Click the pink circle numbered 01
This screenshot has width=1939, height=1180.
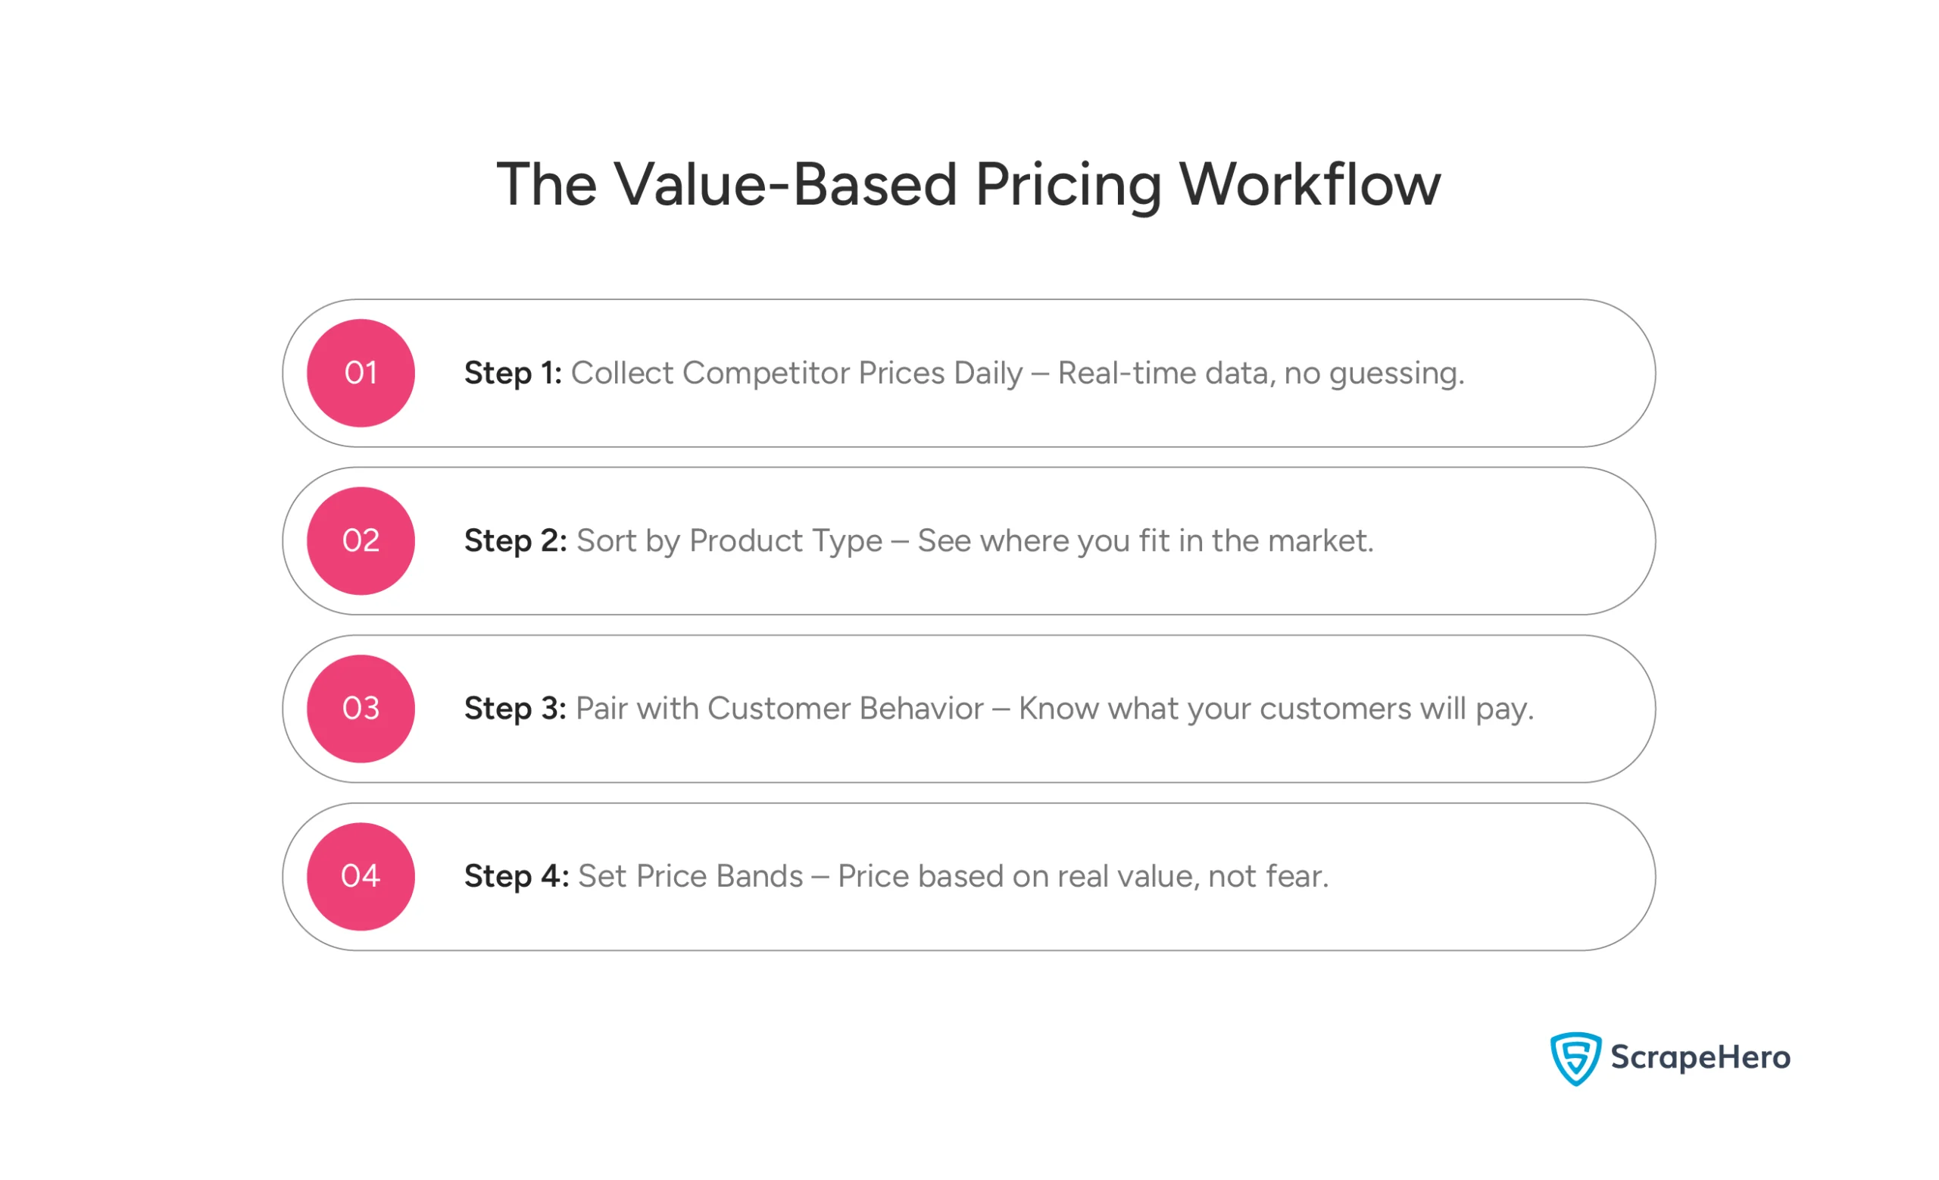(x=361, y=373)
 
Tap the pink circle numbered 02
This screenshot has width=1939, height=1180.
(x=361, y=541)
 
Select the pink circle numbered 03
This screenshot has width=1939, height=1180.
(x=361, y=709)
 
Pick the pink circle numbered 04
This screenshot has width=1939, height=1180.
(x=361, y=876)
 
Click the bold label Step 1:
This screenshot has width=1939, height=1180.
(x=512, y=373)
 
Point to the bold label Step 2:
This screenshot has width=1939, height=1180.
(x=516, y=541)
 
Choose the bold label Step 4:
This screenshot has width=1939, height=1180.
(x=517, y=876)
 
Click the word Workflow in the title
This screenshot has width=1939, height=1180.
(x=1310, y=185)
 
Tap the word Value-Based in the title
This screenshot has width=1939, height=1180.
(x=785, y=185)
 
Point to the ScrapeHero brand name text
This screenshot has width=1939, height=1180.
(x=1700, y=1057)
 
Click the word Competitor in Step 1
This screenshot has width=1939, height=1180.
(x=766, y=373)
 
